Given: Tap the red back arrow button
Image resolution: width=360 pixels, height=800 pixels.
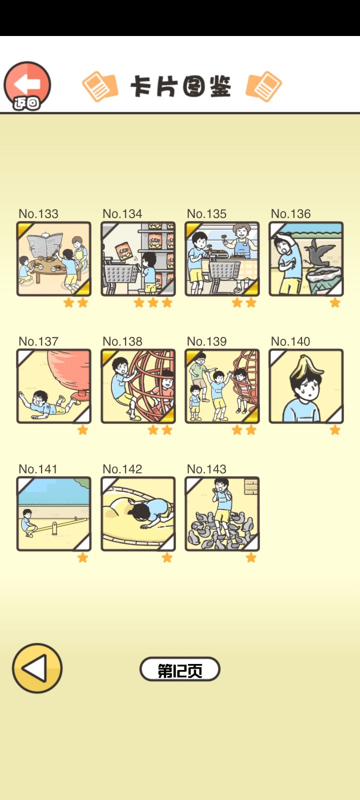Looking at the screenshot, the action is [27, 85].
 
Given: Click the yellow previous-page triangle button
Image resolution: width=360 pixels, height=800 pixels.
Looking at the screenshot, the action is [37, 668].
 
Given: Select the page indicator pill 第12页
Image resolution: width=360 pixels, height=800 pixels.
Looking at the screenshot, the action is [179, 669].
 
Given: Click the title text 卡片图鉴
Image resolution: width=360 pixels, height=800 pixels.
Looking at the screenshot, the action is [181, 86].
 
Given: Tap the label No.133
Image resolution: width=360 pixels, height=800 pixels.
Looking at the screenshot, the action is [38, 213].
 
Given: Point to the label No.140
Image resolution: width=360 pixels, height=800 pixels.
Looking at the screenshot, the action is [290, 341].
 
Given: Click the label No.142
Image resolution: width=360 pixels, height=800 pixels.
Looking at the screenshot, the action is [122, 469].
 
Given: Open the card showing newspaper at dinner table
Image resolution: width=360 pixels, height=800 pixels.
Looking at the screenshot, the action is [54, 258].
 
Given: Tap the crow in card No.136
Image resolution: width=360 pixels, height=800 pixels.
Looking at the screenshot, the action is [318, 252].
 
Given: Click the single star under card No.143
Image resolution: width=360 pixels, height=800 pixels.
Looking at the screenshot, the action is [251, 557].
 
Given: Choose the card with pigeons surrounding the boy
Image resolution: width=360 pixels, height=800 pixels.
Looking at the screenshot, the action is [222, 513].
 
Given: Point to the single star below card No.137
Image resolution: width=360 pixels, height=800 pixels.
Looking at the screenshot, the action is [82, 430].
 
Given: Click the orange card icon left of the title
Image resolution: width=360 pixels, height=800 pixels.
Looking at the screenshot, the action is [100, 86].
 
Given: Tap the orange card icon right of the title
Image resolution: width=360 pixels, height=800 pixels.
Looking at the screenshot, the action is [263, 86].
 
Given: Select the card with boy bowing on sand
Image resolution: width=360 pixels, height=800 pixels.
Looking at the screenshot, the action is [138, 513].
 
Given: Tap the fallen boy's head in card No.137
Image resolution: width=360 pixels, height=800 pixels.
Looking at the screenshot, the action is [38, 398].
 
